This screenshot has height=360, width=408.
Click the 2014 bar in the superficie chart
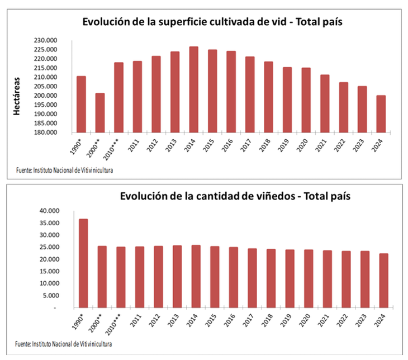click(193, 89)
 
